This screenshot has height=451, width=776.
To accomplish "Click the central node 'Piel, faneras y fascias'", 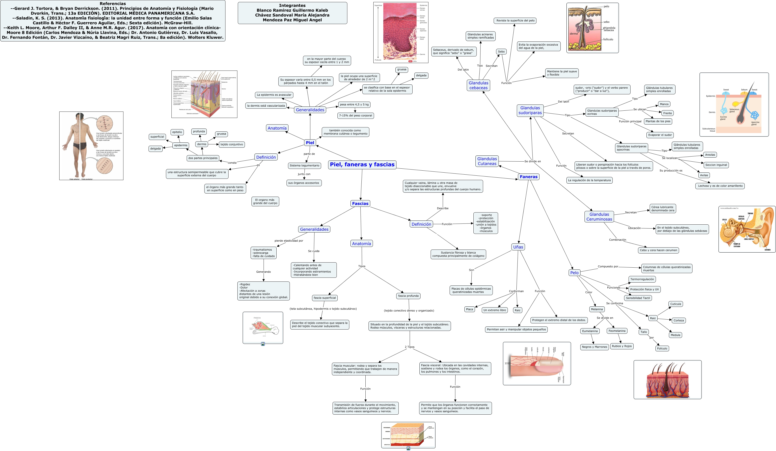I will (x=362, y=164).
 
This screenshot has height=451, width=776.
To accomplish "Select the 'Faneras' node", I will (x=528, y=177).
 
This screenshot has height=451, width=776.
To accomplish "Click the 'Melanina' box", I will (x=596, y=309).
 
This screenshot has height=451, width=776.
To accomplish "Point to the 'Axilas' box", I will (x=704, y=175).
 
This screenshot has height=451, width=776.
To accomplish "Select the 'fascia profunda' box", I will (x=408, y=296).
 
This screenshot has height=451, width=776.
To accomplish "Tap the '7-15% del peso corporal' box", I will (x=355, y=116).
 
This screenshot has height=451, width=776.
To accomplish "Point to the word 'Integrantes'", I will (x=292, y=6).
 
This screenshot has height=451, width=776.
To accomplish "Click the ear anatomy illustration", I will (x=746, y=229).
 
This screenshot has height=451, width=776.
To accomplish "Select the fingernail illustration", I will (x=537, y=363).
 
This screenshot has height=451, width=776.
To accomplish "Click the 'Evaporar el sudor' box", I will (x=660, y=135).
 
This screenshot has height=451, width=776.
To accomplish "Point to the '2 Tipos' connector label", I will (x=409, y=347).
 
